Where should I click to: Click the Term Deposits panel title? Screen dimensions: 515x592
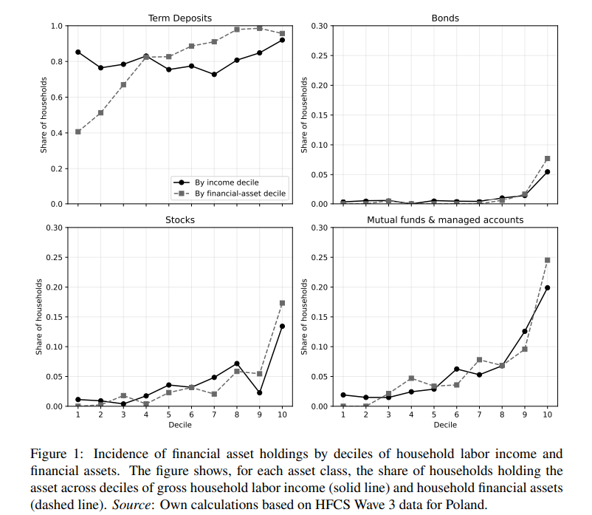point(179,17)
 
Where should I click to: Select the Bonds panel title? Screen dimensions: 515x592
point(445,17)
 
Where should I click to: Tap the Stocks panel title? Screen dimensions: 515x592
point(179,219)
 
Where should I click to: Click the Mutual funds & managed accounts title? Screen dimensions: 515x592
point(445,219)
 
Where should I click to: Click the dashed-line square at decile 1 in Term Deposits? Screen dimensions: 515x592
point(78,132)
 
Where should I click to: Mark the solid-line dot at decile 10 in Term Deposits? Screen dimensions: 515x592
point(282,40)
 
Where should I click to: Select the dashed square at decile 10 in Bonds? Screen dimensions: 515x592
point(548,158)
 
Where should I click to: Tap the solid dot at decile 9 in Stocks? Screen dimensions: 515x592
point(260,392)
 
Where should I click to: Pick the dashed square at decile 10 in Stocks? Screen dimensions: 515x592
point(282,303)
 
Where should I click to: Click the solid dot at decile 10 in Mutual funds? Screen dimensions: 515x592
point(548,287)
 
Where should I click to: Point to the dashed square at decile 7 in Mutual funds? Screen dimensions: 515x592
point(479,360)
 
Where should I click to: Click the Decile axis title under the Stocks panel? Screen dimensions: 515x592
point(179,425)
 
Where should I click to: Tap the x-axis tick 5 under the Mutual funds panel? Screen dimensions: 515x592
point(434,415)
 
